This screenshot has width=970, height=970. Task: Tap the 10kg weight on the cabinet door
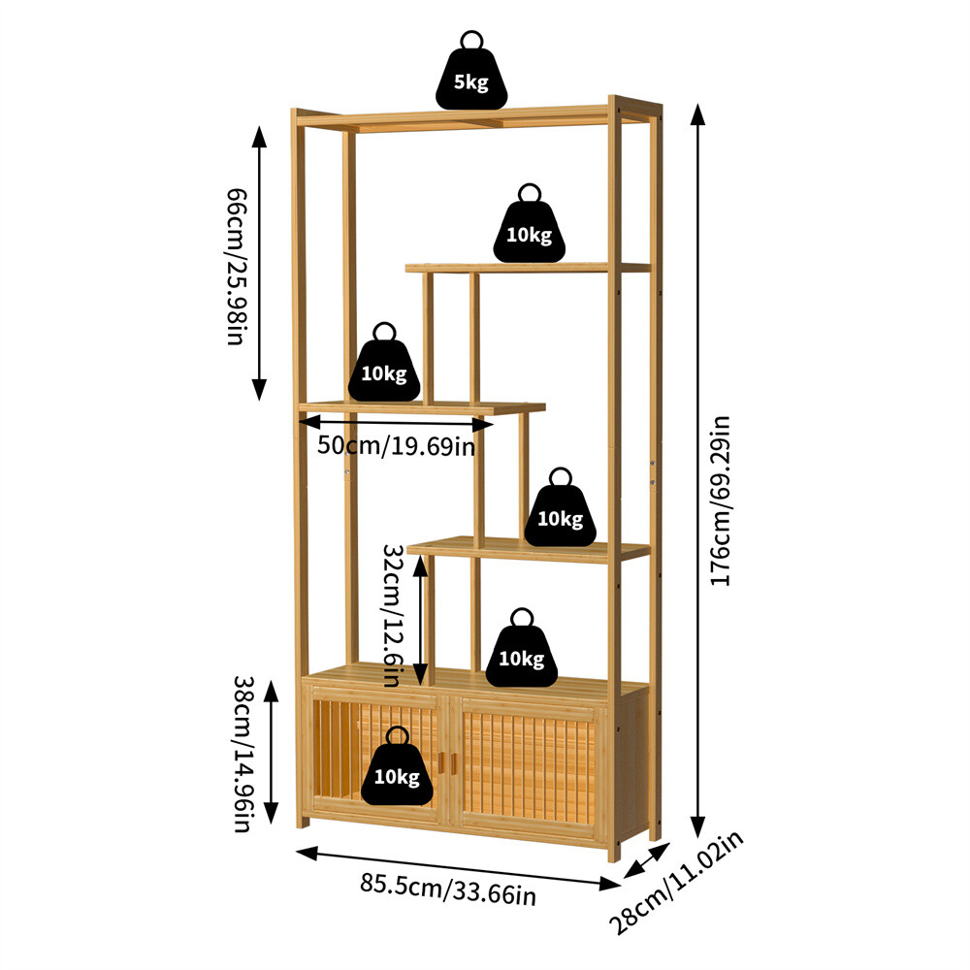click(x=397, y=770)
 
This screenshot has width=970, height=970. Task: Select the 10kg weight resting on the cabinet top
click(x=522, y=652)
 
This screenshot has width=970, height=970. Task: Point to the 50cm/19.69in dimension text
click(x=396, y=446)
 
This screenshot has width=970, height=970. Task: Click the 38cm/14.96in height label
click(x=242, y=754)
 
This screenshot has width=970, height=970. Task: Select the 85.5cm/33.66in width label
click(x=448, y=889)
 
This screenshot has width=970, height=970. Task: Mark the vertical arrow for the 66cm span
click(x=259, y=263)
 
